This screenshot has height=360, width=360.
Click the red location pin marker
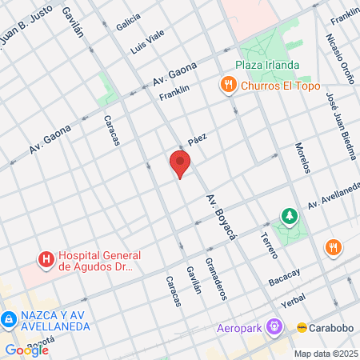pos(180,164)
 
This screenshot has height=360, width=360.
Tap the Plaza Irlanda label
pos(267,66)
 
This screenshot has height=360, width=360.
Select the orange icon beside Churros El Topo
pos(230,86)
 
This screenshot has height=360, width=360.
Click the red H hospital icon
pos(46,259)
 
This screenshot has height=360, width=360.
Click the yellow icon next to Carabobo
pos(302,327)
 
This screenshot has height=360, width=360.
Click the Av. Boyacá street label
pos(218,212)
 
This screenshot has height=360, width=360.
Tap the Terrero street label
pos(269,245)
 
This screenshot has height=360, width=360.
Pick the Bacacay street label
pos(285,278)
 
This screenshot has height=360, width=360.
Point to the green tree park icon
pos(289,216)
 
